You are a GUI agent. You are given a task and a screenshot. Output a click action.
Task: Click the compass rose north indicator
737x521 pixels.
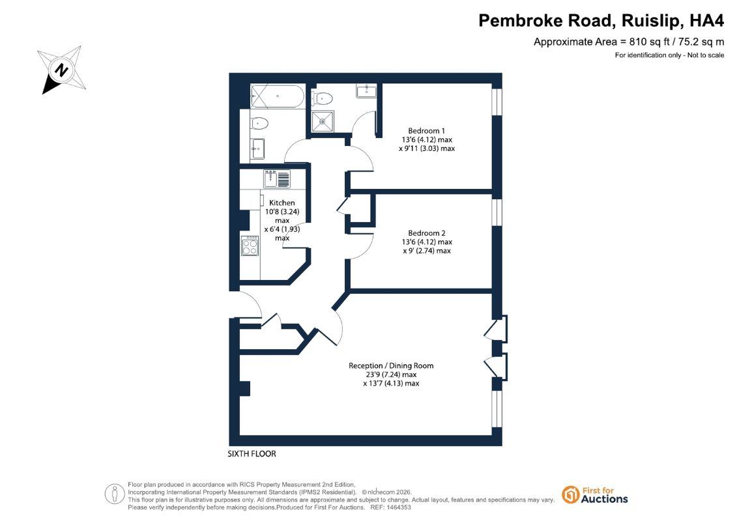coord(61,70)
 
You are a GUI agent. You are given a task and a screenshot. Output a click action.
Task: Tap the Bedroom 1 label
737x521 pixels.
coord(426,131)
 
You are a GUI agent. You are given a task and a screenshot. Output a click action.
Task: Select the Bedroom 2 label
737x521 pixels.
coord(427,233)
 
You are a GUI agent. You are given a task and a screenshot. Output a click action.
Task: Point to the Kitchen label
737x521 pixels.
coord(282,203)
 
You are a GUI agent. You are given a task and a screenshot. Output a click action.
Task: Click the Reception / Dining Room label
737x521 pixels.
coord(391,365)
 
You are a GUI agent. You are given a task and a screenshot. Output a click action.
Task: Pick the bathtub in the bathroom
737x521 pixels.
coord(278,96)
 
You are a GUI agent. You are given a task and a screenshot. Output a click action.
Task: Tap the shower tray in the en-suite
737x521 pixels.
coord(323,121)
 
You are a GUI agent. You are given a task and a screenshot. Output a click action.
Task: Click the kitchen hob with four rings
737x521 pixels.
coord(250,246)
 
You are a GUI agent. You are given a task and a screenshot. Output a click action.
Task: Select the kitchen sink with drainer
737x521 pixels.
coord(277,179)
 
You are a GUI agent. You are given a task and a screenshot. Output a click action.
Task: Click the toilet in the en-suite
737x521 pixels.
coord(322,98)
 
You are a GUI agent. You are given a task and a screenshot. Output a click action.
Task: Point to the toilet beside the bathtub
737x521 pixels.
coord(259,124)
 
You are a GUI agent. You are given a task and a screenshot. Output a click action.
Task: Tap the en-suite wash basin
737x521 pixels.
coord(366,91)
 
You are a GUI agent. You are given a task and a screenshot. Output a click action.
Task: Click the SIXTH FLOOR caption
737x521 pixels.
coord(252,454)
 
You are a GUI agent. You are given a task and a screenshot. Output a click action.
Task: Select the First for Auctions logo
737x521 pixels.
coord(595,495)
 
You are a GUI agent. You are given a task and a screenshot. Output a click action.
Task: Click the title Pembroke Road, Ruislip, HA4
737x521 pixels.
coord(601,21)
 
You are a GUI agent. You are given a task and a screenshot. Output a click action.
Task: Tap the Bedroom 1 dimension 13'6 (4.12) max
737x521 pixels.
coord(427,139)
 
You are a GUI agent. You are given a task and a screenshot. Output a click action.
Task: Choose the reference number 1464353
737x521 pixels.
coord(397,507)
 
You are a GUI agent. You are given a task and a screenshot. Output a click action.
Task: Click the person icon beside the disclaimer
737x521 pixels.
coord(115,494)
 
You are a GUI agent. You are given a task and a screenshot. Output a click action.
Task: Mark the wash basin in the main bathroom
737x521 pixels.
coord(257,148)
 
